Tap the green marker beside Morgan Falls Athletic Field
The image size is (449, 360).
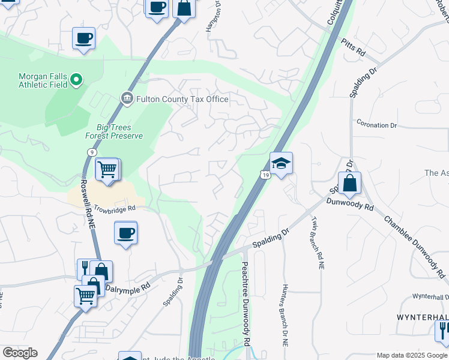[76, 79]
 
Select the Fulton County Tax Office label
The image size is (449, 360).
[182, 99]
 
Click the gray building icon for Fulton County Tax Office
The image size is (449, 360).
[127, 98]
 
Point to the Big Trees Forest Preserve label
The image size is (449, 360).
[119, 131]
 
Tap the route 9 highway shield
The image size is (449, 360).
[91, 152]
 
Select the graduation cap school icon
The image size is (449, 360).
[280, 163]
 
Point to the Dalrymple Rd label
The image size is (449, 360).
[128, 287]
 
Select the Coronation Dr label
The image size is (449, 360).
[376, 125]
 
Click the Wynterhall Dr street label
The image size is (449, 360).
[430, 296]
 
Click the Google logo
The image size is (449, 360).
[19, 353]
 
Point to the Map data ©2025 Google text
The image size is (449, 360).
[412, 355]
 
